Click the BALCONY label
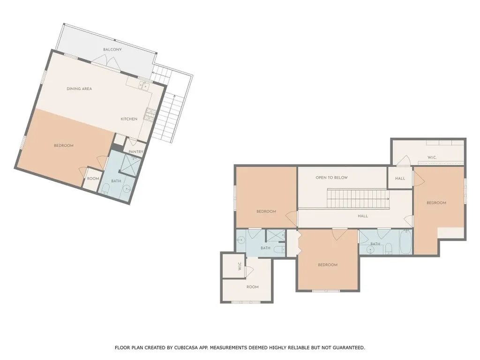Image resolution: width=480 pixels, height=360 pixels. (112, 50)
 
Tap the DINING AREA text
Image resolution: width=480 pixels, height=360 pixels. (79, 89)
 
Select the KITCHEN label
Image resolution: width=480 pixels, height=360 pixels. (129, 119)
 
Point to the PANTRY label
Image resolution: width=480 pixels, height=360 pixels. (135, 151)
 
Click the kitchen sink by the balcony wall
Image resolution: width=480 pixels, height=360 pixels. (143, 85)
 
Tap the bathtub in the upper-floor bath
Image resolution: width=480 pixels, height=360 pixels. (405, 242)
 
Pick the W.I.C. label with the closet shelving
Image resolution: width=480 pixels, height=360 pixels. (432, 157)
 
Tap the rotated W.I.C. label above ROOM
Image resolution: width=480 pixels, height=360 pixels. (239, 267)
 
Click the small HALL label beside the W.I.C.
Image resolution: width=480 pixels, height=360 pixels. (400, 179)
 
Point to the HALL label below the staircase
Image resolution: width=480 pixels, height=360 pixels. (363, 216)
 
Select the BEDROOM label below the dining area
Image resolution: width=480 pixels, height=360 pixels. (64, 145)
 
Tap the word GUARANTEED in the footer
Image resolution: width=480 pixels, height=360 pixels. (347, 348)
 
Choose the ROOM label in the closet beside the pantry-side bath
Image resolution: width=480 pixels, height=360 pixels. (93, 179)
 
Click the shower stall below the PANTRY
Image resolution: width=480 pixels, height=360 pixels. (129, 164)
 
